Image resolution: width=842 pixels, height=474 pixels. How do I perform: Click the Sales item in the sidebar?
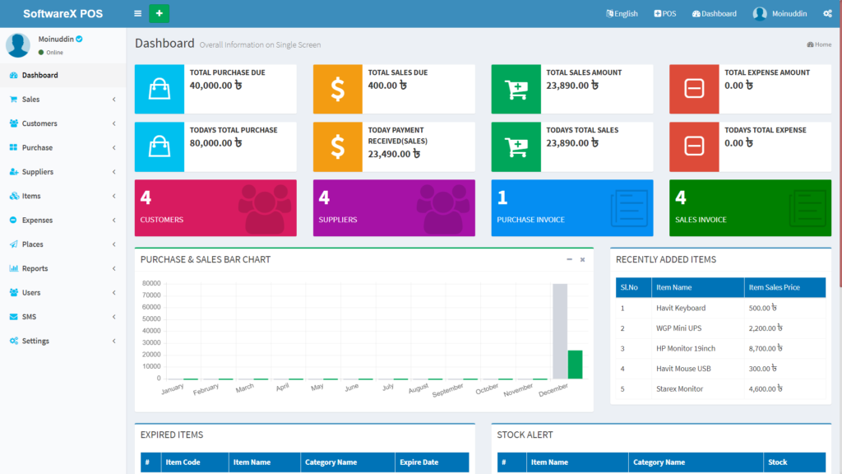[x=30, y=100]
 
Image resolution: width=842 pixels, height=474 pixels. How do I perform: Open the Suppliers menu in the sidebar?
[x=37, y=172]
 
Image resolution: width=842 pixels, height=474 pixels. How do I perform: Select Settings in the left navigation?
[x=35, y=341]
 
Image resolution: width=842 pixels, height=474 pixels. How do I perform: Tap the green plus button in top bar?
[x=159, y=13]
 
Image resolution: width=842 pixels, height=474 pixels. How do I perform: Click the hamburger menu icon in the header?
[x=137, y=14]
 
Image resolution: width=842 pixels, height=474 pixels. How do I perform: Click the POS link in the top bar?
[x=665, y=14]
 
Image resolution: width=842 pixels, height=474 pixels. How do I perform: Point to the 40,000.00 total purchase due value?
[x=215, y=86]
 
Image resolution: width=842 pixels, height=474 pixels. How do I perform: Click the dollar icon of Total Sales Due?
[x=337, y=89]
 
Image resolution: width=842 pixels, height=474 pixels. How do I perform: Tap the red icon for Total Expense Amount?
[x=694, y=89]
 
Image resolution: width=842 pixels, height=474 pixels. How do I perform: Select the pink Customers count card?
[x=215, y=208]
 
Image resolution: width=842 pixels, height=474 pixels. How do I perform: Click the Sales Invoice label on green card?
[x=701, y=220]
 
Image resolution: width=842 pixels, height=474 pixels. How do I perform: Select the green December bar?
[x=575, y=364]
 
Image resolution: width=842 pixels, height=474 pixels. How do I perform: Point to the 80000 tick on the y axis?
[x=151, y=283]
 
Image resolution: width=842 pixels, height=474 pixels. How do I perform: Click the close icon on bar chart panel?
[x=582, y=259]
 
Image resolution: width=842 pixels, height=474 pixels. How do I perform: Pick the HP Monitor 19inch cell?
[x=686, y=348]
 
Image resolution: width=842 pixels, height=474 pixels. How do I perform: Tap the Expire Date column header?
[x=419, y=462]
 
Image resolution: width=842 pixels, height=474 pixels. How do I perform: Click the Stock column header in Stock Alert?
[x=777, y=462]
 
